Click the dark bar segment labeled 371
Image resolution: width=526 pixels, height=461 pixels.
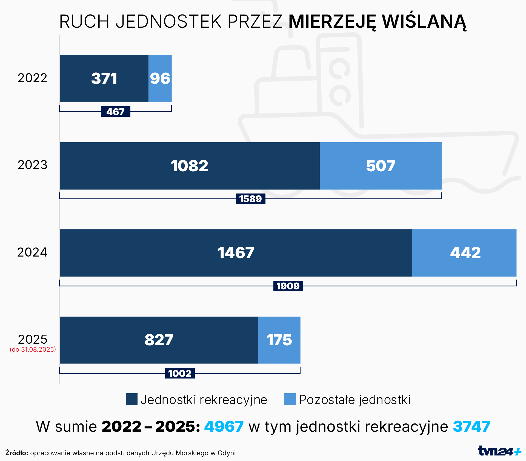tap(104, 79)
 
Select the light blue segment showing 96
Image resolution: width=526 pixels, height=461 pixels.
tap(160, 79)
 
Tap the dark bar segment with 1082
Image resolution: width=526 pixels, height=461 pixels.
tap(190, 166)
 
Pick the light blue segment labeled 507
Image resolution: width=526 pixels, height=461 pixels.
tap(381, 166)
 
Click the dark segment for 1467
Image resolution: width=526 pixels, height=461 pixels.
tap(236, 253)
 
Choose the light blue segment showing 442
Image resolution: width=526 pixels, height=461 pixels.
tap(465, 253)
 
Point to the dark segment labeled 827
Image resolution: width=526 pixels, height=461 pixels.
tap(159, 340)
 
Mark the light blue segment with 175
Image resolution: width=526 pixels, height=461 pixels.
tap(279, 340)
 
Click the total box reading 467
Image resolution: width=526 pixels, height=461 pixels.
tap(115, 112)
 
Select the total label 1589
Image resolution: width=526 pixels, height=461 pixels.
tap(250, 199)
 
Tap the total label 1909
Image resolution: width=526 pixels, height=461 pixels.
tap(288, 286)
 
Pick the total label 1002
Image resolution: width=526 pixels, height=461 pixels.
tap(180, 373)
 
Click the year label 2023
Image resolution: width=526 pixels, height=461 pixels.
tap(32, 165)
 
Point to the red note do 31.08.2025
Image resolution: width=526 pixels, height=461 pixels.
tap(33, 349)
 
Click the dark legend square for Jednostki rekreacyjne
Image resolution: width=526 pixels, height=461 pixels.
tap(131, 399)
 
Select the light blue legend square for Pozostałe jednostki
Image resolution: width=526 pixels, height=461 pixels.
tap(290, 399)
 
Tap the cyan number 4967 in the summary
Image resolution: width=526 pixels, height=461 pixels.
tap(224, 426)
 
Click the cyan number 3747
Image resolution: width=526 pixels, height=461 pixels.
tap(471, 426)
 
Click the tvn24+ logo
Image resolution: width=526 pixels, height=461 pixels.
tap(499, 451)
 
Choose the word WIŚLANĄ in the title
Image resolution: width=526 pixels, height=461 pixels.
tap(424, 21)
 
